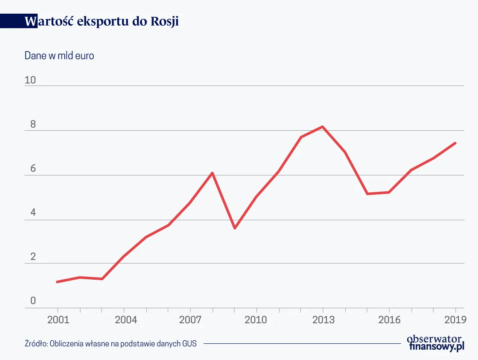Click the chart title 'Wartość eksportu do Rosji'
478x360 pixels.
coord(102,21)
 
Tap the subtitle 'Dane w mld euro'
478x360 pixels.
coord(59,56)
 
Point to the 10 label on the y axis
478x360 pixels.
coord(30,80)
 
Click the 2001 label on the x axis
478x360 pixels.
coord(57,319)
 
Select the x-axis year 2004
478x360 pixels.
coord(124,319)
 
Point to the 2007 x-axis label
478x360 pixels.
coord(190,319)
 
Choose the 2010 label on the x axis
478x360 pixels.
coord(256,319)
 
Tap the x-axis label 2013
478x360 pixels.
coord(323,319)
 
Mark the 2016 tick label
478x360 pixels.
coord(389,319)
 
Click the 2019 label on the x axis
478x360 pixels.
coord(455,319)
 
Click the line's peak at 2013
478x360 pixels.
coord(323,127)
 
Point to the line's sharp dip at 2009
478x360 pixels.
coord(234,228)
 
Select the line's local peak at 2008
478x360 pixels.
coord(212,173)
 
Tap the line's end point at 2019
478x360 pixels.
coord(455,143)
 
